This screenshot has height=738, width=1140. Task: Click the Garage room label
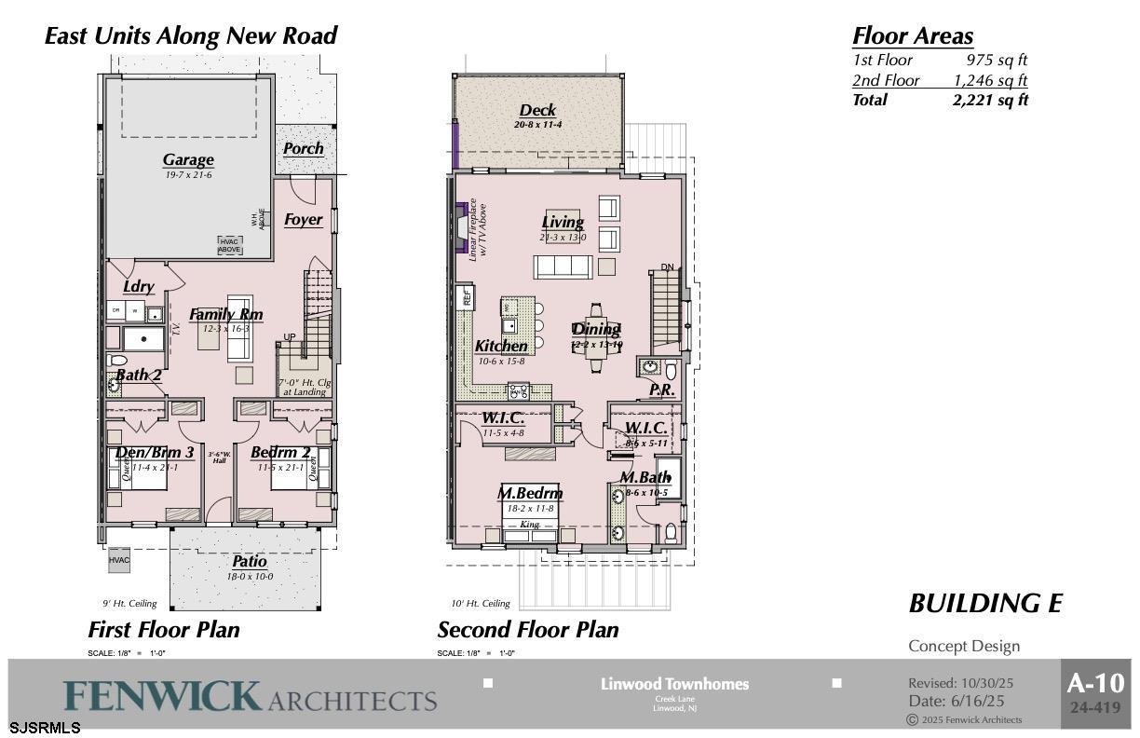tap(188, 159)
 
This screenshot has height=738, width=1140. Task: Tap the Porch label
tap(304, 148)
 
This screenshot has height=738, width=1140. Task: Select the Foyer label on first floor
tap(304, 220)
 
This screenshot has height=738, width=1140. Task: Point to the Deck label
tap(537, 110)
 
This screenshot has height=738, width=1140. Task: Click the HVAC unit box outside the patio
tap(118, 560)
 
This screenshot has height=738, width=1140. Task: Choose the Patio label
tap(249, 561)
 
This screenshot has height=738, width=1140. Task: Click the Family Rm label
tap(226, 314)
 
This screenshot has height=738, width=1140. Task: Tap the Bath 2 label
tap(139, 375)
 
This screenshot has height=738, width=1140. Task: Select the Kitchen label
tap(501, 346)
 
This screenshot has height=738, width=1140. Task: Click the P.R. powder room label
tap(661, 389)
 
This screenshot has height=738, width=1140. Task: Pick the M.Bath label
tap(645, 477)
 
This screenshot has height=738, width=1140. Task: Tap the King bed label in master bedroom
tap(529, 525)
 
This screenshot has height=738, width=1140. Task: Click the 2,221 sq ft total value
tap(990, 100)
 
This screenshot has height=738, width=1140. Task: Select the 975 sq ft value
tap(997, 60)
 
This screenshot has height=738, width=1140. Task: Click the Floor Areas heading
tap(913, 35)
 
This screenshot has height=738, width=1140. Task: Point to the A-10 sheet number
tap(1095, 683)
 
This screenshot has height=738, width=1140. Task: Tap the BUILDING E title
tap(985, 603)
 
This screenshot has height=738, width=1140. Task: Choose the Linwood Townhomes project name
tap(674, 684)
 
